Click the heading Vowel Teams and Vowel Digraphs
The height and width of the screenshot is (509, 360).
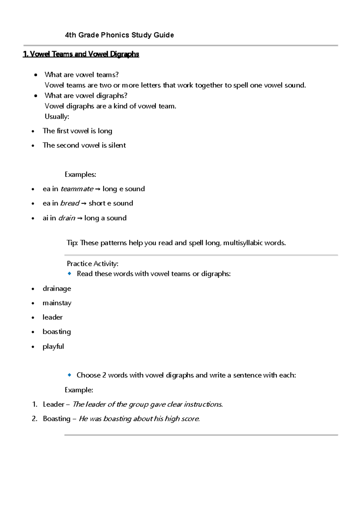pyautogui.click(x=81, y=54)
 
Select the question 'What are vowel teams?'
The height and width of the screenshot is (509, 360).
pyautogui.click(x=82, y=75)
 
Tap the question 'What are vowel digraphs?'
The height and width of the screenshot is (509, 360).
pyautogui.click(x=86, y=96)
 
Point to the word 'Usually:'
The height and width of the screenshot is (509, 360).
pyautogui.click(x=57, y=117)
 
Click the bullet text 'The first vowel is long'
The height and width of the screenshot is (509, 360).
pyautogui.click(x=77, y=131)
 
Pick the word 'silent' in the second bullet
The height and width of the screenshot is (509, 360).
pyautogui.click(x=117, y=146)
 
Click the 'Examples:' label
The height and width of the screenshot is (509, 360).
pyautogui.click(x=80, y=175)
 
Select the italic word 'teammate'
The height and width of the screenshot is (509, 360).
pyautogui.click(x=77, y=189)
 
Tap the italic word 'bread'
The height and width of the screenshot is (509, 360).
pyautogui.click(x=70, y=203)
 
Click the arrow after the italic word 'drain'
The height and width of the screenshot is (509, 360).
pyautogui.click(x=79, y=218)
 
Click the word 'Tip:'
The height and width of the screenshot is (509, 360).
pyautogui.click(x=72, y=243)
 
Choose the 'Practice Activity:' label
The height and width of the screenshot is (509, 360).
pyautogui.click(x=92, y=264)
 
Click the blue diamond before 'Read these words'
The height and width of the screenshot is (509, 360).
pyautogui.click(x=70, y=273)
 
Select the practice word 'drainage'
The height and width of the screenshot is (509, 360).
pyautogui.click(x=57, y=289)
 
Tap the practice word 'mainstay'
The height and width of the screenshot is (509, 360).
pyautogui.click(x=57, y=303)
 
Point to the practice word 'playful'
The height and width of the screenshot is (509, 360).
pyautogui.click(x=53, y=347)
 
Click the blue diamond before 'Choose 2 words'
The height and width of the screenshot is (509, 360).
pyautogui.click(x=70, y=375)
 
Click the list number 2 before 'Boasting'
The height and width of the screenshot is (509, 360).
pyautogui.click(x=34, y=419)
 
